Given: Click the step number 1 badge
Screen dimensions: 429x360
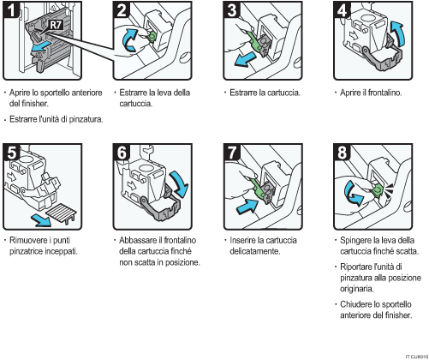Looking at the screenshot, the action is (x=11, y=9).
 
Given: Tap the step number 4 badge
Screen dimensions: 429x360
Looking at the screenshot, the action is (x=342, y=9).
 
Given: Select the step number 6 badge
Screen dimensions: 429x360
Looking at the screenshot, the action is (x=122, y=152).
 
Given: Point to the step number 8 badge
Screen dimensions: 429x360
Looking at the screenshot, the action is (x=342, y=152).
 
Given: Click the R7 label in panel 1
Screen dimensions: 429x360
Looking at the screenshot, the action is (x=56, y=25).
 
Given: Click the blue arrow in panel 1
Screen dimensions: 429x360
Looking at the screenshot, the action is (x=42, y=46).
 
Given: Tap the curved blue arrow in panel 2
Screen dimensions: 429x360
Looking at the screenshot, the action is (x=130, y=39).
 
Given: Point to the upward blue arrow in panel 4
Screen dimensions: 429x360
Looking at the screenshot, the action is (x=397, y=33).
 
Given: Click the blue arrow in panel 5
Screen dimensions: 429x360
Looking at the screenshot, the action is (x=41, y=220).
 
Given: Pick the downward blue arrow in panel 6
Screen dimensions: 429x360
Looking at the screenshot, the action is (x=179, y=183).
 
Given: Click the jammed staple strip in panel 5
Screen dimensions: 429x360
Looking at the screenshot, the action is (x=62, y=213).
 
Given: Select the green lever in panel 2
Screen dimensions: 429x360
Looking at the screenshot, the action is (x=152, y=36).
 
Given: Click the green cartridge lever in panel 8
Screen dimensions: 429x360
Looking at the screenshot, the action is (x=378, y=190).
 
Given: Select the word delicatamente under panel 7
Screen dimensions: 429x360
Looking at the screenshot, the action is (x=255, y=251).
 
